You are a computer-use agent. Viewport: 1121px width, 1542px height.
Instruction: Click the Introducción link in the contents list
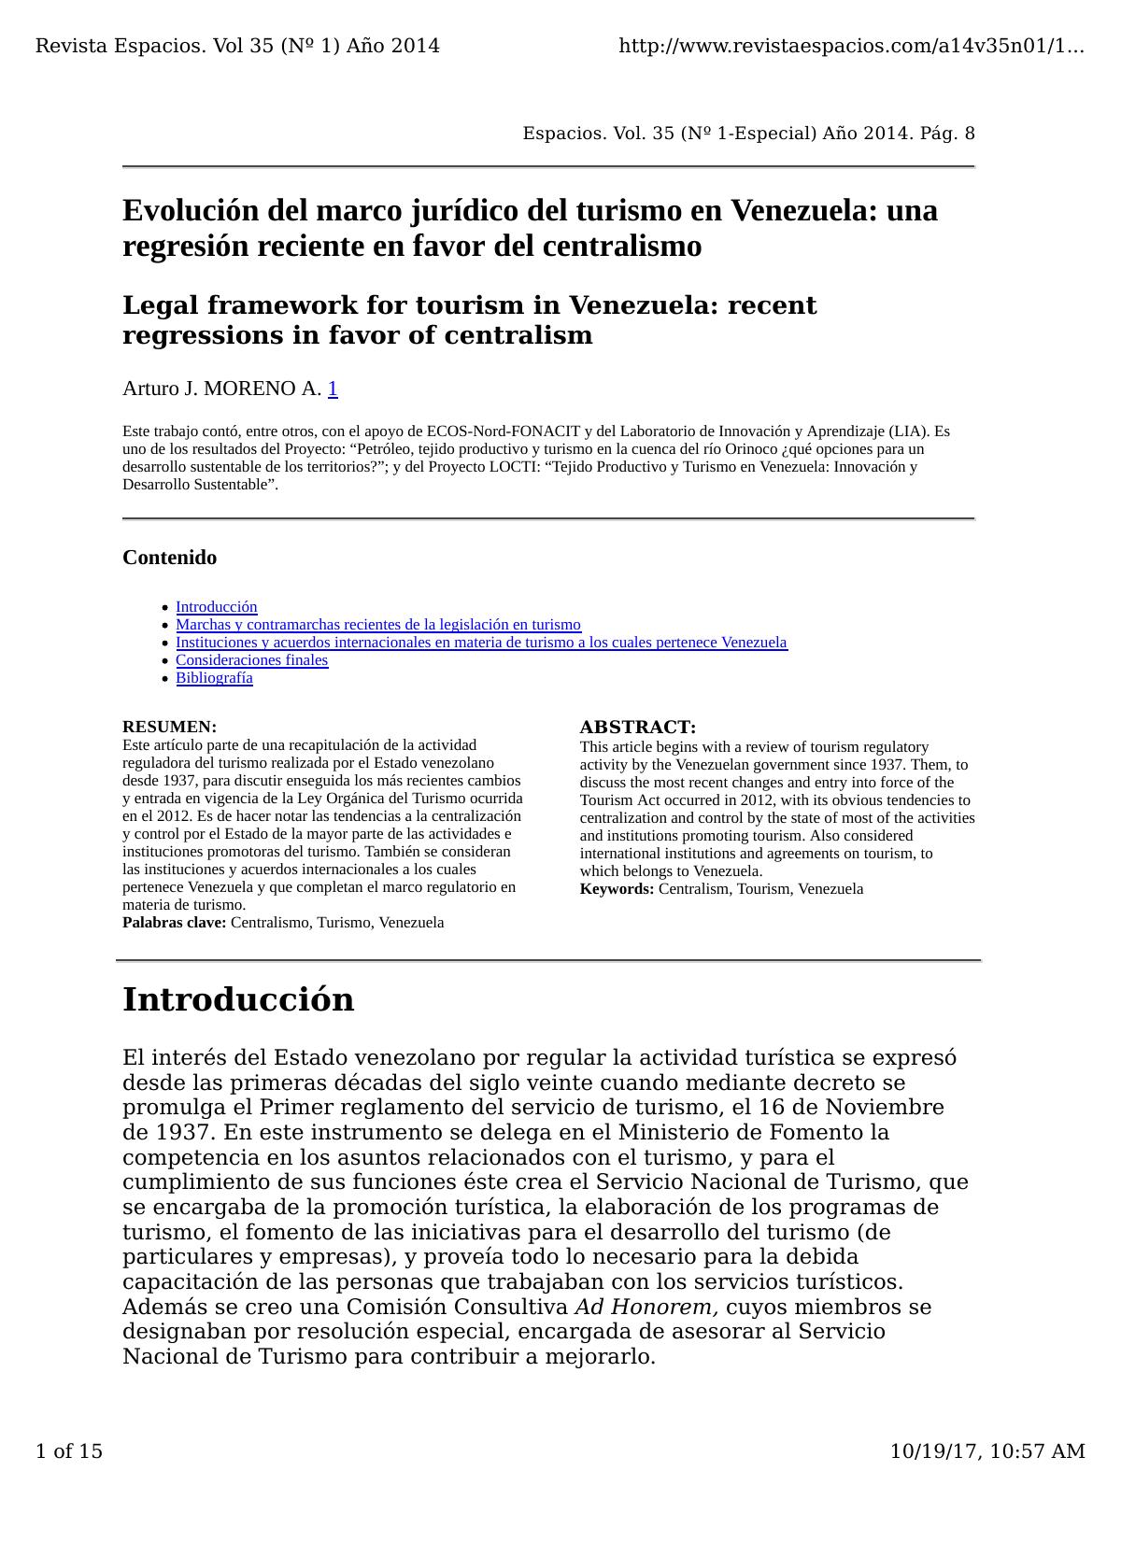216,607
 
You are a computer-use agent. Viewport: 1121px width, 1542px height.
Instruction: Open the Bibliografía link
214,678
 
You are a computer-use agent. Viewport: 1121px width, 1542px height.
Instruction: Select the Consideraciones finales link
251,660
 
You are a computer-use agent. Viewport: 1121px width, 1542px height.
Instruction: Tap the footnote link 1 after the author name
333,389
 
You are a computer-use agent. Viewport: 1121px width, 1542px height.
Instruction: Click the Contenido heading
169,558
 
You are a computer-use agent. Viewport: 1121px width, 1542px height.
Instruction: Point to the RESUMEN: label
169,727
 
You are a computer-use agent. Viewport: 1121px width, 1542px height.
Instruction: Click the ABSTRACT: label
637,728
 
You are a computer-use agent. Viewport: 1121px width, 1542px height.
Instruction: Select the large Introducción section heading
238,999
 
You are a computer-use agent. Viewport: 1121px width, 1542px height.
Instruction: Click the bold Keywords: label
617,889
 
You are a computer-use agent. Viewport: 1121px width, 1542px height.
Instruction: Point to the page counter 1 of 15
68,1451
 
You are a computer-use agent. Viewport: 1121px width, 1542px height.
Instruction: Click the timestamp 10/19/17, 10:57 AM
986,1451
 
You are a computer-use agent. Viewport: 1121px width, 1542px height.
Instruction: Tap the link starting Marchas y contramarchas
377,625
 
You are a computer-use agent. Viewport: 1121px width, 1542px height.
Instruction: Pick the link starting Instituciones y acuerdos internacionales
481,643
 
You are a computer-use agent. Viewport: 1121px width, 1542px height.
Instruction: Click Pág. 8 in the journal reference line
947,134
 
